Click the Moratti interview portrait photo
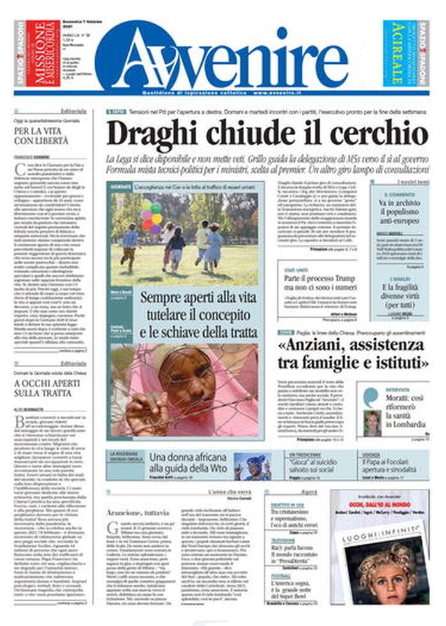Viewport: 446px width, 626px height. tap(371, 422)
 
